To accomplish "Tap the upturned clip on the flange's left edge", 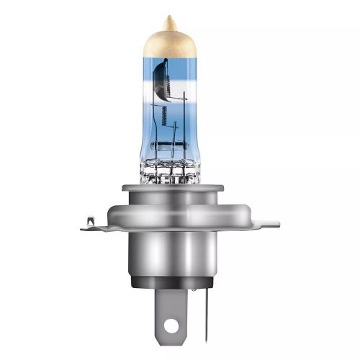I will coord(89,222).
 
